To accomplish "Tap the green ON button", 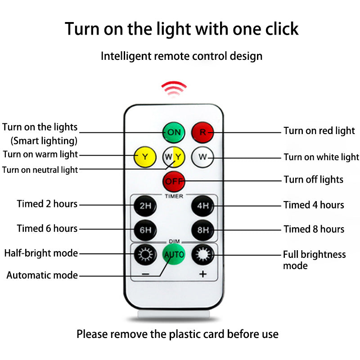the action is (174, 132).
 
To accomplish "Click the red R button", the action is (202, 132).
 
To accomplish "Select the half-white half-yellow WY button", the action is (174, 157).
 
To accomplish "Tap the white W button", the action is (202, 157).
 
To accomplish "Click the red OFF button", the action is (174, 181).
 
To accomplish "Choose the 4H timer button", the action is (202, 206).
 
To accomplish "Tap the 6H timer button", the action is (145, 230).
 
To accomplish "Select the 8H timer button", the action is (202, 230).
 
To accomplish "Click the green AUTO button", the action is (174, 254).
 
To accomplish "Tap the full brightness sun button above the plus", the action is (202, 254).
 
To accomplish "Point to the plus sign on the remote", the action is (203, 274).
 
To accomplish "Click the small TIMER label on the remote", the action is (174, 196).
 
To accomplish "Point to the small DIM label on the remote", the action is (174, 241).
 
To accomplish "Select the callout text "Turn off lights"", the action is (313, 180).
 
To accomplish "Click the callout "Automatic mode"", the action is (42, 275).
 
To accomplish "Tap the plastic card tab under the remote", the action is (174, 314).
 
